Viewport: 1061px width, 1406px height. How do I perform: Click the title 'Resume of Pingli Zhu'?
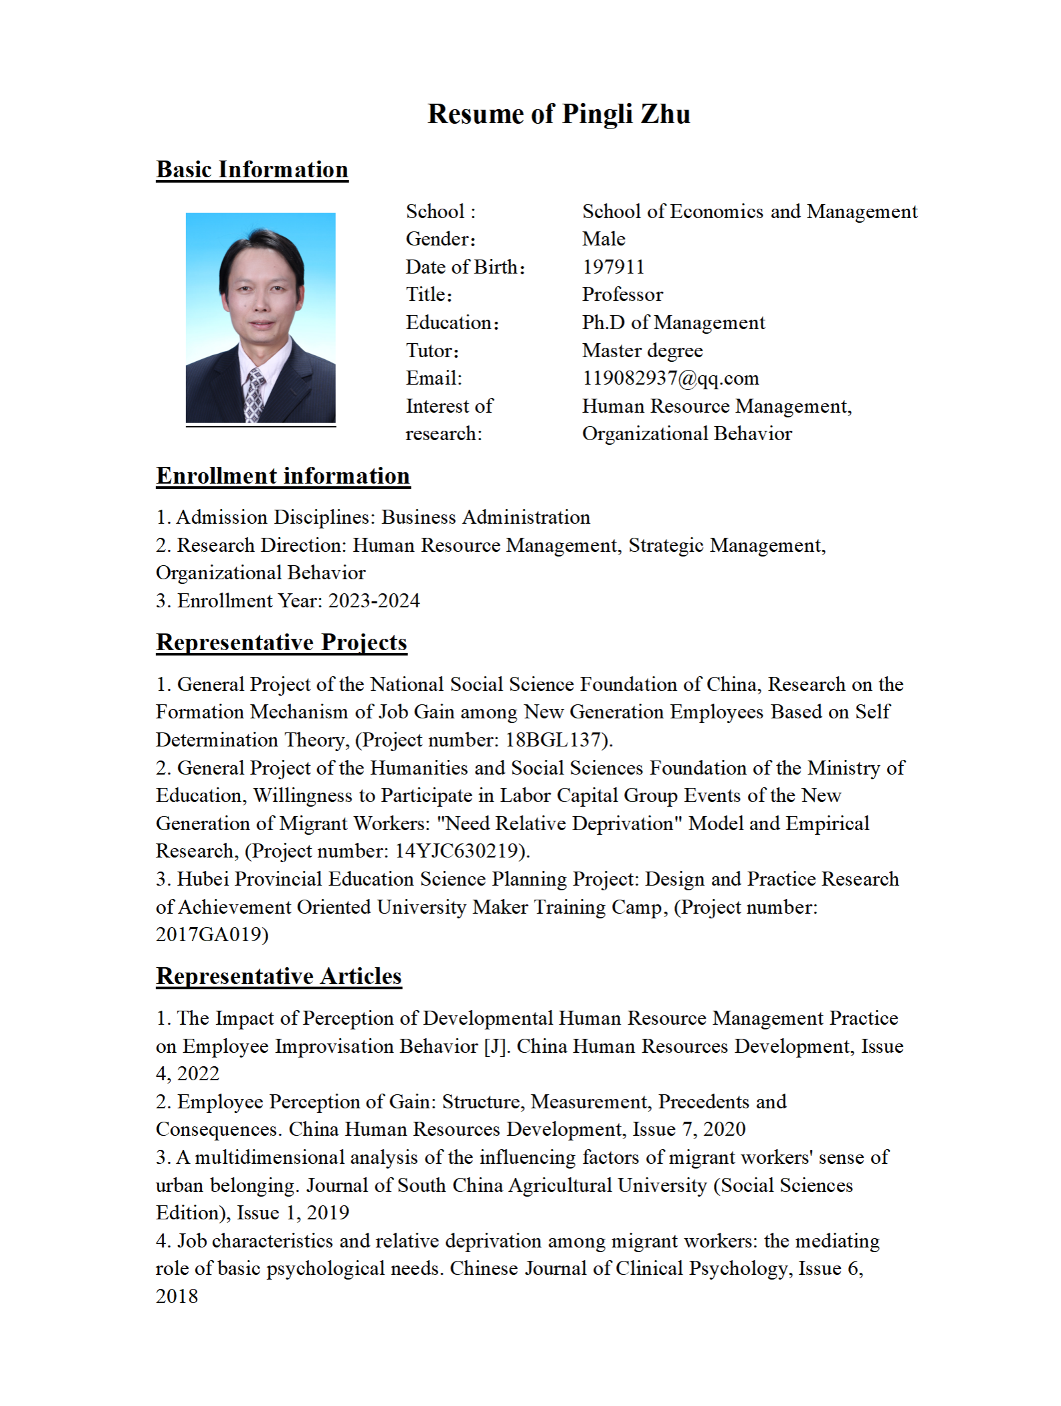pyautogui.click(x=559, y=114)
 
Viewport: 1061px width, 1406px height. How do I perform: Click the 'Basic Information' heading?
pyautogui.click(x=252, y=170)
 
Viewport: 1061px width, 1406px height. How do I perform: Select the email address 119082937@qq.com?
pyautogui.click(x=670, y=378)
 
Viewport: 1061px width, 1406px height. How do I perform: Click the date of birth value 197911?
pyautogui.click(x=613, y=267)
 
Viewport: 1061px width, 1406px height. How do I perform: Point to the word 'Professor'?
pyautogui.click(x=622, y=294)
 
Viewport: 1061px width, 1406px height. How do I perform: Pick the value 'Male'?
pyautogui.click(x=603, y=239)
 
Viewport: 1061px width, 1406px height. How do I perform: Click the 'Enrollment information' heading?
pyautogui.click(x=283, y=476)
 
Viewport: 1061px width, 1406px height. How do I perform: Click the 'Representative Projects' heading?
pyautogui.click(x=282, y=642)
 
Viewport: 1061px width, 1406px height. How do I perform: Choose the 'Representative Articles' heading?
pyautogui.click(x=279, y=976)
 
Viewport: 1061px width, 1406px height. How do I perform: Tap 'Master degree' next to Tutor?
pyautogui.click(x=642, y=350)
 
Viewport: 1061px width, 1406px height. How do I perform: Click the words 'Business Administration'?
pyautogui.click(x=486, y=517)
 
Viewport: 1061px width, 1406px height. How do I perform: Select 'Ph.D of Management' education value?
pyautogui.click(x=673, y=322)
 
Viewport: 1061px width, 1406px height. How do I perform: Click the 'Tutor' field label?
pyautogui.click(x=431, y=350)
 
